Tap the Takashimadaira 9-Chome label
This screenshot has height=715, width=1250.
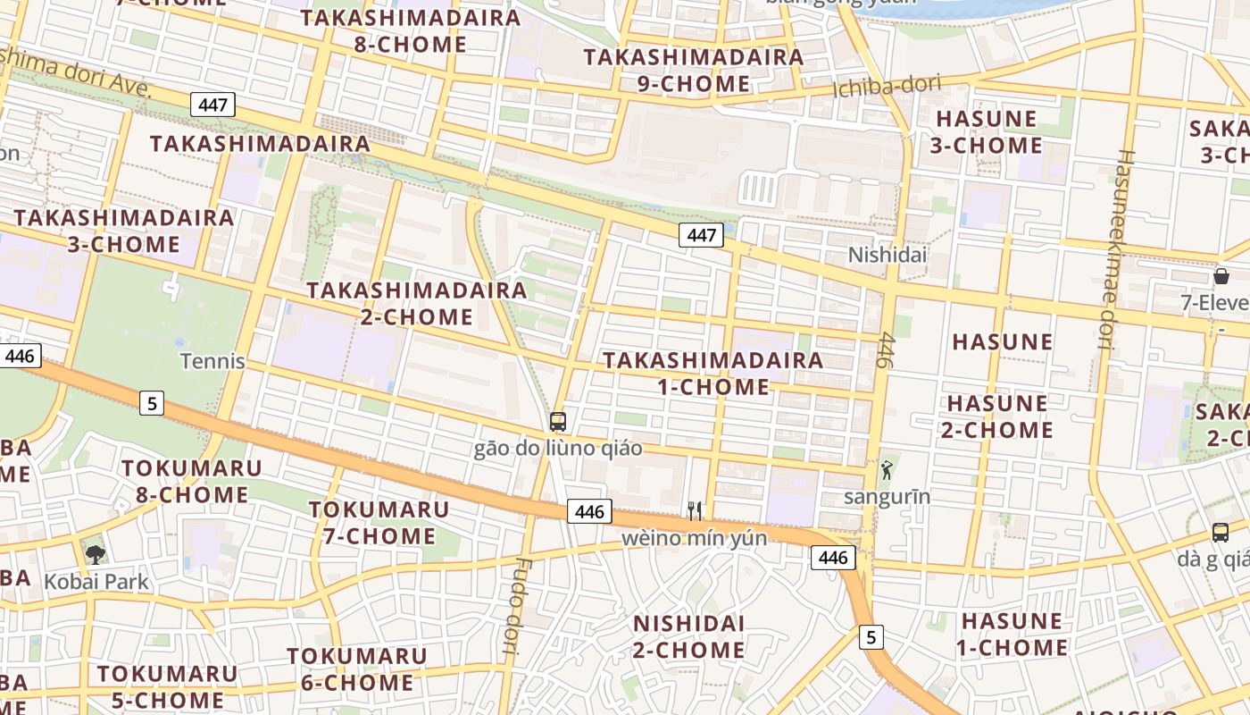pyautogui.click(x=694, y=71)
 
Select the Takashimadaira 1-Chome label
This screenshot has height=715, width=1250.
pyautogui.click(x=712, y=374)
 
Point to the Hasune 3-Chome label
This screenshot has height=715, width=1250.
pyautogui.click(x=986, y=132)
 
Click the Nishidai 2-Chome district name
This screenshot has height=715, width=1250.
pyautogui.click(x=688, y=636)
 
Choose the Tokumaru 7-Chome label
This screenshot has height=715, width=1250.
pyautogui.click(x=379, y=523)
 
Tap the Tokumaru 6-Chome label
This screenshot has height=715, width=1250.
pyautogui.click(x=357, y=669)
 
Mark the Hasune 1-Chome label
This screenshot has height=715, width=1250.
pyautogui.click(x=1012, y=634)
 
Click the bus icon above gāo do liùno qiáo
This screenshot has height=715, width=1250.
pyautogui.click(x=558, y=421)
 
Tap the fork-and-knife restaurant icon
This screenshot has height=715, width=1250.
pyautogui.click(x=695, y=510)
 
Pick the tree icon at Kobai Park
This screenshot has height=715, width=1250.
pyautogui.click(x=95, y=554)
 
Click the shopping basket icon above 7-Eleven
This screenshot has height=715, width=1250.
pyautogui.click(x=1221, y=276)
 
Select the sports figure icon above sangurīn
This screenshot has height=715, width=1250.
pyautogui.click(x=886, y=470)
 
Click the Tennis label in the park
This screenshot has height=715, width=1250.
pyautogui.click(x=212, y=361)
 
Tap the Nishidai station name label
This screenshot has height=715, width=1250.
pyautogui.click(x=887, y=255)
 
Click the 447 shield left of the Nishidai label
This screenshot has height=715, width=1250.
pyautogui.click(x=701, y=235)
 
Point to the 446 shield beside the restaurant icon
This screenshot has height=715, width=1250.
pyautogui.click(x=589, y=511)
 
